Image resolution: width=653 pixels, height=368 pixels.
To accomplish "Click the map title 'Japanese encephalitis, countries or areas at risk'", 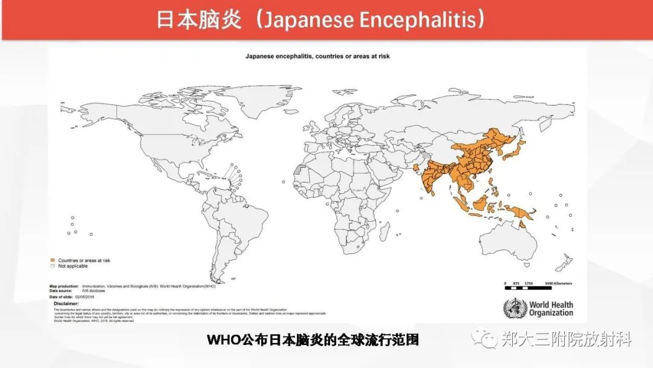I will pyautogui.click(x=317, y=56).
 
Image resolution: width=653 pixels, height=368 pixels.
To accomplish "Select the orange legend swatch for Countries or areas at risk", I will pyautogui.click(x=52, y=260).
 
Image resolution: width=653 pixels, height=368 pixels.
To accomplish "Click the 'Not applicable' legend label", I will pyautogui.click(x=73, y=266).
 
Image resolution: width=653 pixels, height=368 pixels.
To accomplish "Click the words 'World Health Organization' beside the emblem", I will pyautogui.click(x=551, y=309).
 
